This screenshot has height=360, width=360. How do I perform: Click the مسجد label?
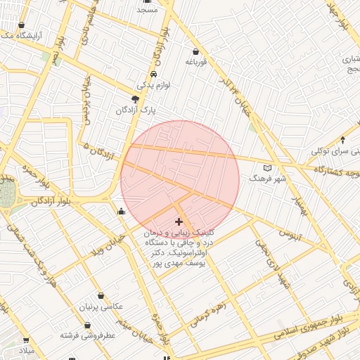[148, 10]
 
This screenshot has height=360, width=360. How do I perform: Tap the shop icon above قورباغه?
[195, 51]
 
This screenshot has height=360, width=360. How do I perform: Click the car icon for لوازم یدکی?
[154, 74]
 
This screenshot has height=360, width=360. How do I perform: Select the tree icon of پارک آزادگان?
[136, 99]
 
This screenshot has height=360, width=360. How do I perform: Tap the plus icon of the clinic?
[179, 221]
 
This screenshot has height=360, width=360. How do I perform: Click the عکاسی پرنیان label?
[103, 307]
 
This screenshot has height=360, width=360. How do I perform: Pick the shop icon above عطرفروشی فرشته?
[87, 326]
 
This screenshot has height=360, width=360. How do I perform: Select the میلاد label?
[25, 350]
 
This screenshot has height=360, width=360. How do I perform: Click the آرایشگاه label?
[30, 34]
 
